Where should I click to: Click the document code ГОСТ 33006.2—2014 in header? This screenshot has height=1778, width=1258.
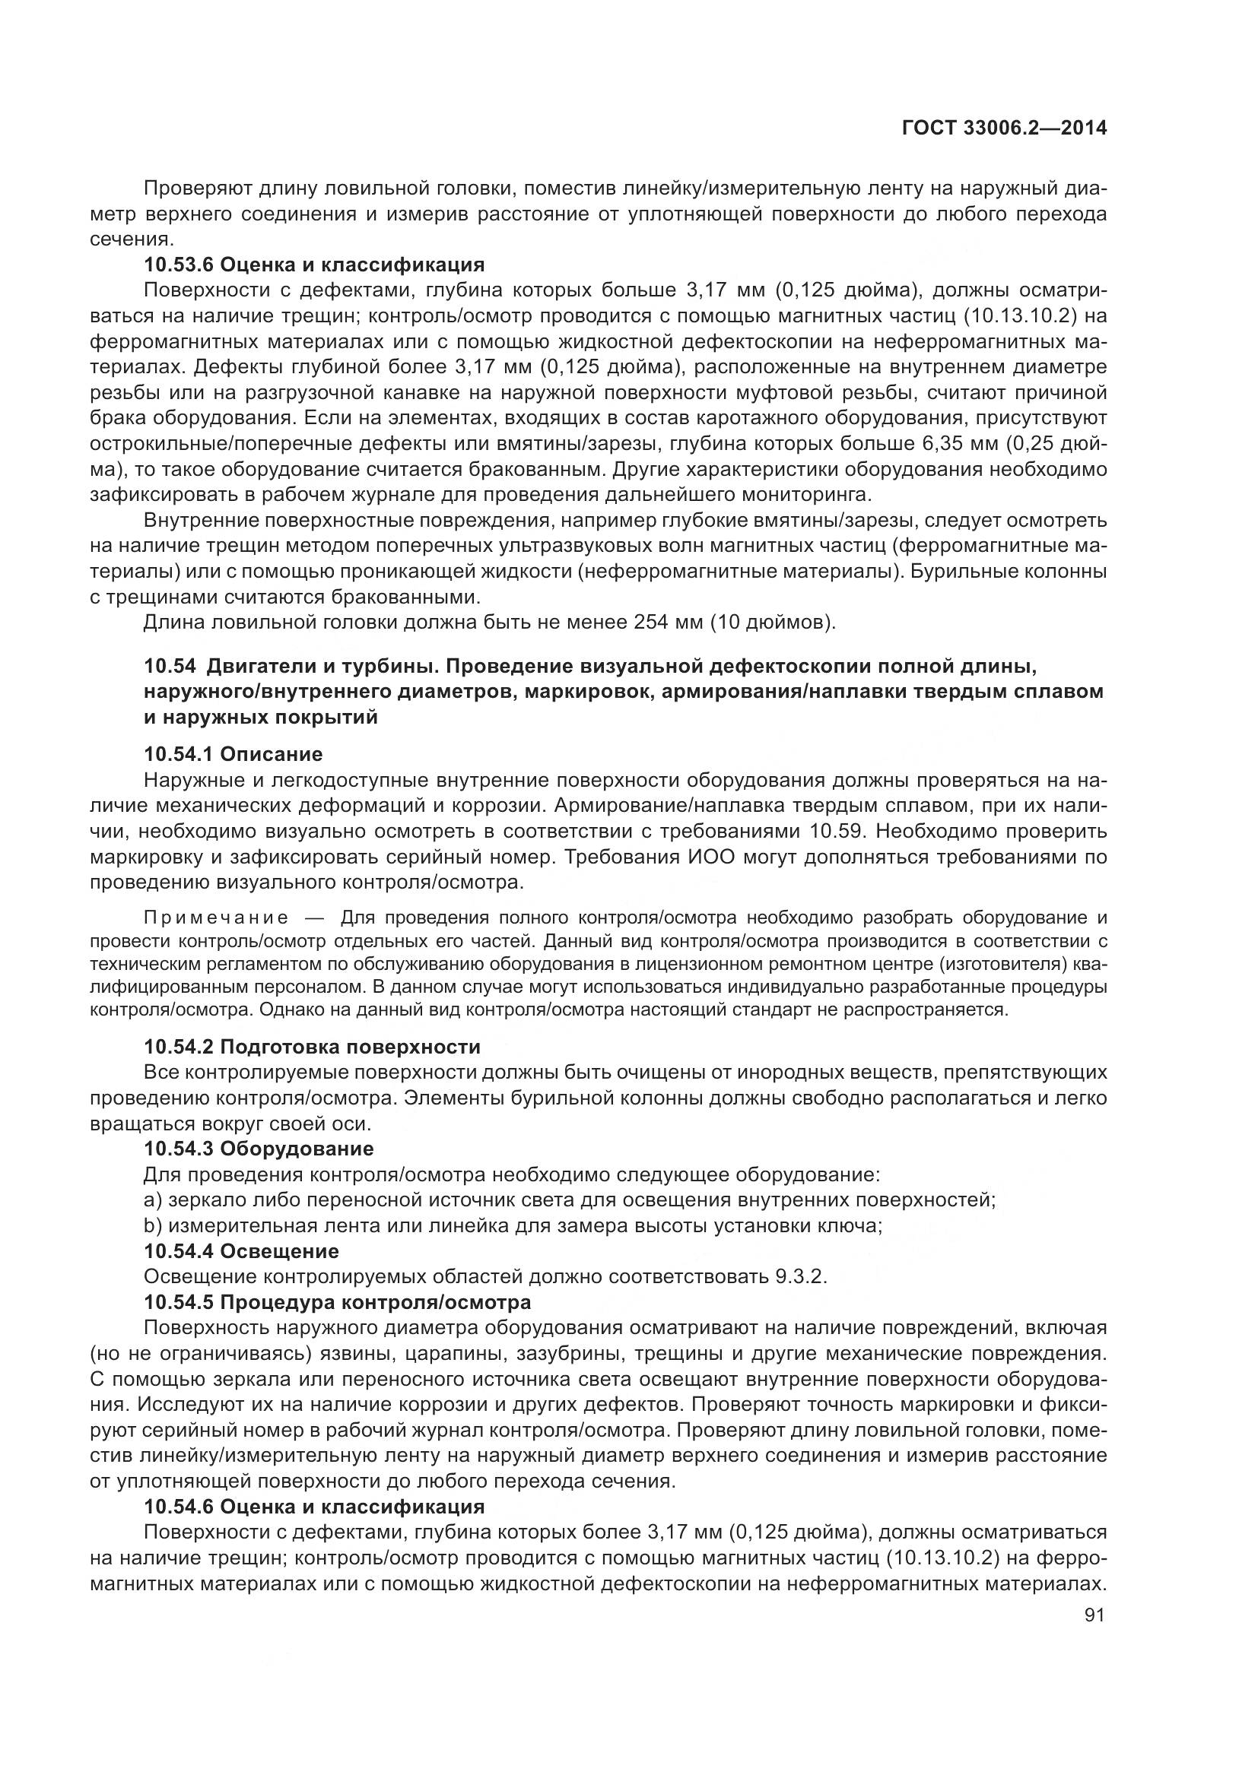[x=1004, y=128]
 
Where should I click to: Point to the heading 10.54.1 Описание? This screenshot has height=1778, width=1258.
[x=233, y=754]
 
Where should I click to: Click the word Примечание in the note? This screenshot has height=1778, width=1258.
[x=216, y=918]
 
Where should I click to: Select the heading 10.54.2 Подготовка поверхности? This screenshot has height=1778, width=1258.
[x=312, y=1047]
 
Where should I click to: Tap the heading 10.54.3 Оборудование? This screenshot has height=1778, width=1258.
[x=259, y=1149]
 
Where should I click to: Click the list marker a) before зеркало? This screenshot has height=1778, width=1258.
[x=153, y=1200]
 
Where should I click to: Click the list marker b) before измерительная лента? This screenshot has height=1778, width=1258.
[x=153, y=1225]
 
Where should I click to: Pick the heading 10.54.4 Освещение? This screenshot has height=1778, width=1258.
[x=241, y=1250]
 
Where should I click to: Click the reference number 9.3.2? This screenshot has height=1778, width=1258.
[x=799, y=1276]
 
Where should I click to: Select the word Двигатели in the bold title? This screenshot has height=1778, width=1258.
[x=260, y=666]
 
